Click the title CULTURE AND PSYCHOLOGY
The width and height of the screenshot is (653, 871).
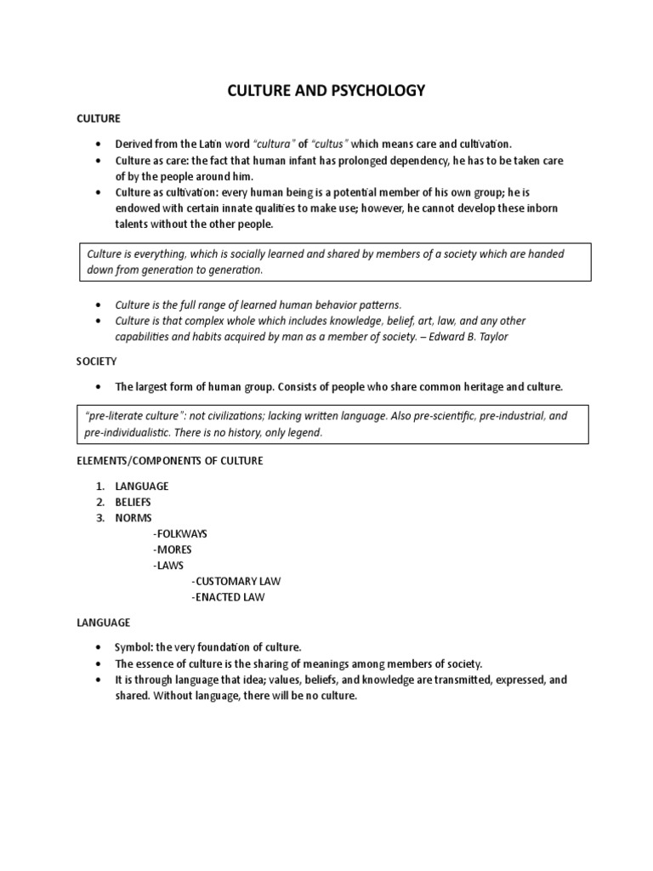point(326,90)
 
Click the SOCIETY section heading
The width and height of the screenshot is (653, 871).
point(96,361)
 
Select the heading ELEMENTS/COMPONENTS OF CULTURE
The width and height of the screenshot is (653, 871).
point(170,460)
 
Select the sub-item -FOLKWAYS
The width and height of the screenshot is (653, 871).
point(180,533)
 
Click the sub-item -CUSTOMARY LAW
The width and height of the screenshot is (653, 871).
point(236,581)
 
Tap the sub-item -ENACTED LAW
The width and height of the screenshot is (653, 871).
point(229,597)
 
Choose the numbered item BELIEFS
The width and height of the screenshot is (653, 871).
point(133,502)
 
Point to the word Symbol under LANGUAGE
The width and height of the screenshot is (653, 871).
point(132,647)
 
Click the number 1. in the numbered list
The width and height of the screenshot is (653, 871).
point(99,486)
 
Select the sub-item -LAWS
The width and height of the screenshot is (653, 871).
point(168,565)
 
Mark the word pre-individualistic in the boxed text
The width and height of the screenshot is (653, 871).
point(133,432)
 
